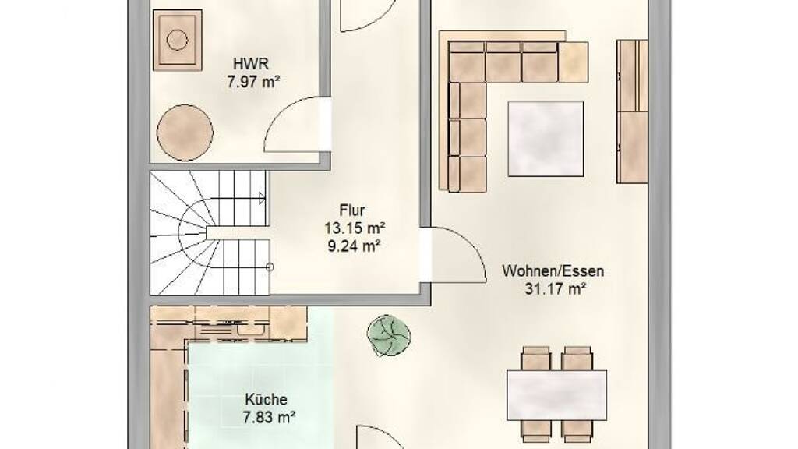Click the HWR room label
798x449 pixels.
click(250, 64)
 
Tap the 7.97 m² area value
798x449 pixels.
click(253, 82)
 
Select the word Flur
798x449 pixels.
click(352, 210)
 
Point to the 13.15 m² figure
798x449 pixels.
click(355, 228)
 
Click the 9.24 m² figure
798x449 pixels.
click(355, 246)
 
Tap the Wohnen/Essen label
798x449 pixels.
click(553, 270)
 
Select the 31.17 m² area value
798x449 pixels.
click(555, 289)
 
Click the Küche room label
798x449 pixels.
click(267, 400)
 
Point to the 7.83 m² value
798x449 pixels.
click(269, 419)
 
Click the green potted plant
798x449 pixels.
click(389, 334)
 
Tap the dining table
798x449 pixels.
click(556, 395)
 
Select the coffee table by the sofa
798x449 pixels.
click(546, 139)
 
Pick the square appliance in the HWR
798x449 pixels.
click(177, 39)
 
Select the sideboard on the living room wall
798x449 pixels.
click(632, 111)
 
